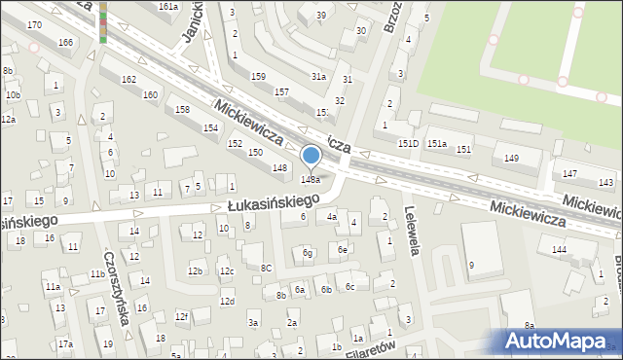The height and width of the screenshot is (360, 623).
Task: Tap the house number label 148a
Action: point(311,179)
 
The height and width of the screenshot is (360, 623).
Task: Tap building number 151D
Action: point(408,143)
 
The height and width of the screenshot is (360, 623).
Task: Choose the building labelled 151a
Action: point(437,144)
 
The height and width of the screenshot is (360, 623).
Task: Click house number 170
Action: point(34,23)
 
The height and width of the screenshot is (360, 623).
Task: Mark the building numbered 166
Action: point(65,43)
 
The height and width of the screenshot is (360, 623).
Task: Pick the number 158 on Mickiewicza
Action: point(182,109)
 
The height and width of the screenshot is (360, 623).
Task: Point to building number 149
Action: point(511,158)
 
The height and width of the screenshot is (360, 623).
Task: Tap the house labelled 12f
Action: point(181,316)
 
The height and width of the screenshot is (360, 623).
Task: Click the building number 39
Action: point(320,16)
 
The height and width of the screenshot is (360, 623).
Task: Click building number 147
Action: point(569,173)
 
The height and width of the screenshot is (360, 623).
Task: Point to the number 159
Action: point(258,76)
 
